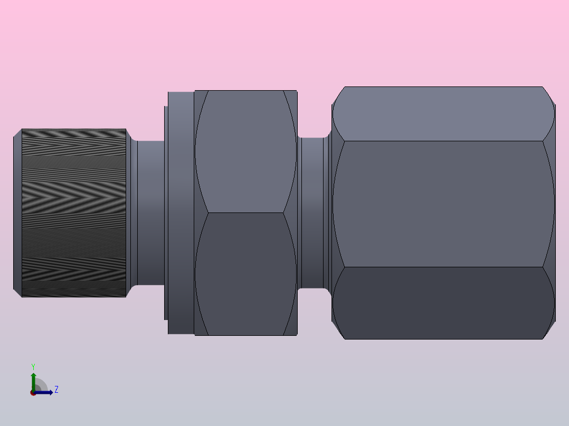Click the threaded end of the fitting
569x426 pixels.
[x=74, y=213]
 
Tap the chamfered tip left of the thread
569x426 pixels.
[x=17, y=213]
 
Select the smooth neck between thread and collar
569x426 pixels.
[x=150, y=213]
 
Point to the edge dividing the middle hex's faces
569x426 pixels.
[x=245, y=213]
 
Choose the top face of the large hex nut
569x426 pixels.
[x=443, y=114]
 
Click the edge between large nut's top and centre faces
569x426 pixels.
[x=443, y=141]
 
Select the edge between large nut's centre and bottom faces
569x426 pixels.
[x=443, y=267]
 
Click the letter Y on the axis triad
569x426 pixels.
[x=33, y=366]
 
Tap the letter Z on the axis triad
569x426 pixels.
[x=56, y=390]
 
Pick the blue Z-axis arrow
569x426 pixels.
[x=45, y=392]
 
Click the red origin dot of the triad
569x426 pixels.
[x=33, y=393]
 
